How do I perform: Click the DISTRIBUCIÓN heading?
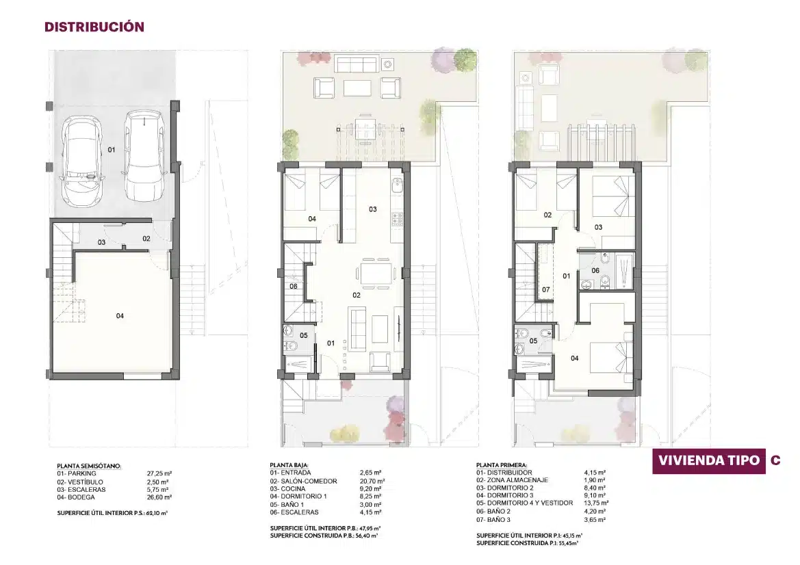click(x=94, y=27)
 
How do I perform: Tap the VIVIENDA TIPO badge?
click(x=709, y=460)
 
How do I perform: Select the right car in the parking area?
click(x=145, y=155)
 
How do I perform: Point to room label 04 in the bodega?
click(x=120, y=316)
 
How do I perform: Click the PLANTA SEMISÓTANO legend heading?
click(x=89, y=466)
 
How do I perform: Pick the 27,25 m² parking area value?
click(x=159, y=474)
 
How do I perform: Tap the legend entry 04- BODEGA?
click(x=76, y=497)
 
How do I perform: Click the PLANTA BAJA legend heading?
click(x=289, y=465)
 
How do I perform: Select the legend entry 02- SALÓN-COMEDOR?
click(x=304, y=481)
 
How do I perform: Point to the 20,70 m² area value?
click(x=372, y=481)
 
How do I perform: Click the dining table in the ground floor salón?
click(x=376, y=273)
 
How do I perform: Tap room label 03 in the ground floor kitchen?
click(x=373, y=209)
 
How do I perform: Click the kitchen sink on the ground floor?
click(x=398, y=185)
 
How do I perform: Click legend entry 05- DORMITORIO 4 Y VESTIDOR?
click(x=524, y=503)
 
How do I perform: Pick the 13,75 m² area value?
click(x=597, y=503)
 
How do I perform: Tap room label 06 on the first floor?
click(x=595, y=270)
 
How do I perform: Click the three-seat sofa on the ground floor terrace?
click(x=356, y=64)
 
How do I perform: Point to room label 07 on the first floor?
click(x=546, y=289)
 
